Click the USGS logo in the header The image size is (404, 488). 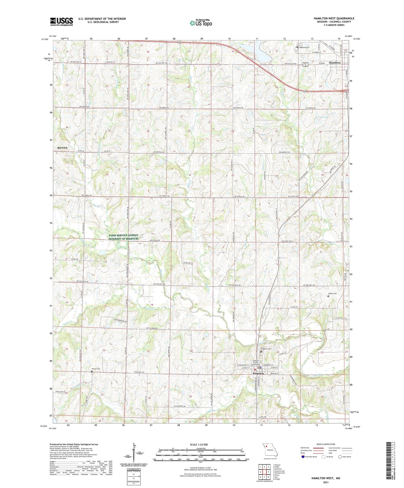[61, 22]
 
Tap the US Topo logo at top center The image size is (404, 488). [201, 23]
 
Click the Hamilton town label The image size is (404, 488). [335, 63]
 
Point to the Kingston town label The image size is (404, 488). [258, 373]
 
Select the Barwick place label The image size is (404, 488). [62, 148]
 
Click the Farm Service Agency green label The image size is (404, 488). [123, 237]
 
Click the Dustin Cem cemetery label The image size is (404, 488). [332, 294]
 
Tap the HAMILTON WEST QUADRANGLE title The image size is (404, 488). [334, 18]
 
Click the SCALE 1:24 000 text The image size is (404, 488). [200, 444]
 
